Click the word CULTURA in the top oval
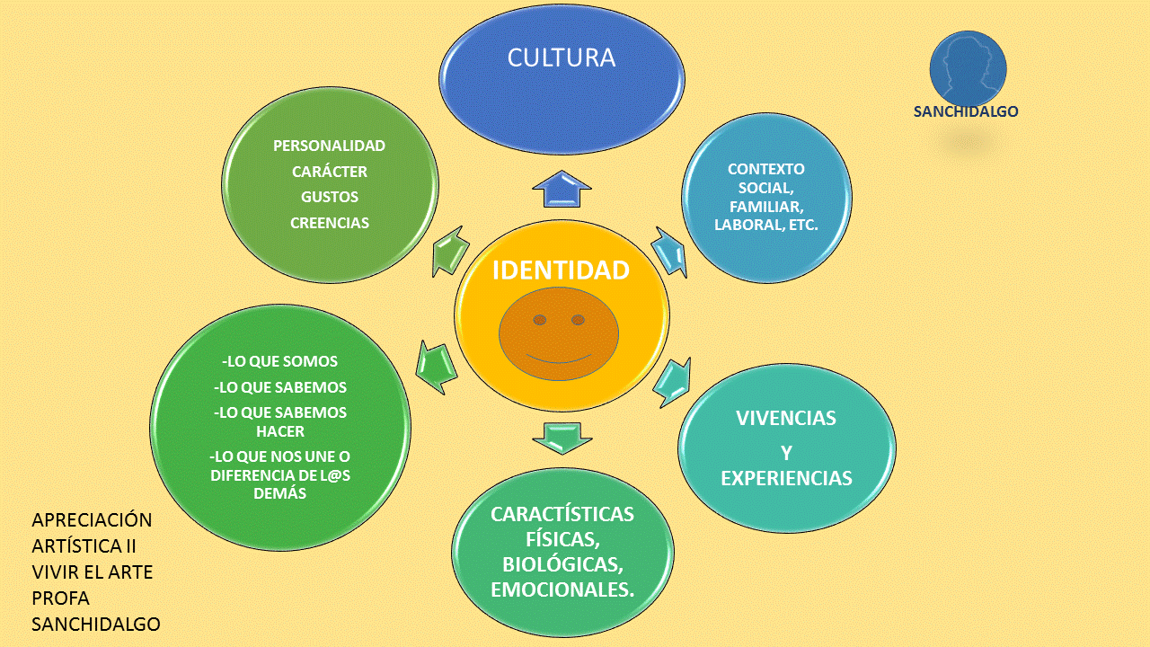[x=562, y=58]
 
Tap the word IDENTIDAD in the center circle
[x=561, y=270]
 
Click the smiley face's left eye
[x=539, y=320]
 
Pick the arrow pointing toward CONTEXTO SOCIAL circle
[x=669, y=252]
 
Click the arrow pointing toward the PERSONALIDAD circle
[x=451, y=251]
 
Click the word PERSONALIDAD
[x=330, y=146]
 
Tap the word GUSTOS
[x=330, y=197]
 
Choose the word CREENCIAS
[x=330, y=223]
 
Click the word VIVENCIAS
[x=786, y=418]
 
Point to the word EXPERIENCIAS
[x=786, y=478]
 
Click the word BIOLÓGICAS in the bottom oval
[x=562, y=565]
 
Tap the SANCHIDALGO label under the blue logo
[x=966, y=112]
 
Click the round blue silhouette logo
[x=968, y=67]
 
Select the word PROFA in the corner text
[x=60, y=598]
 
